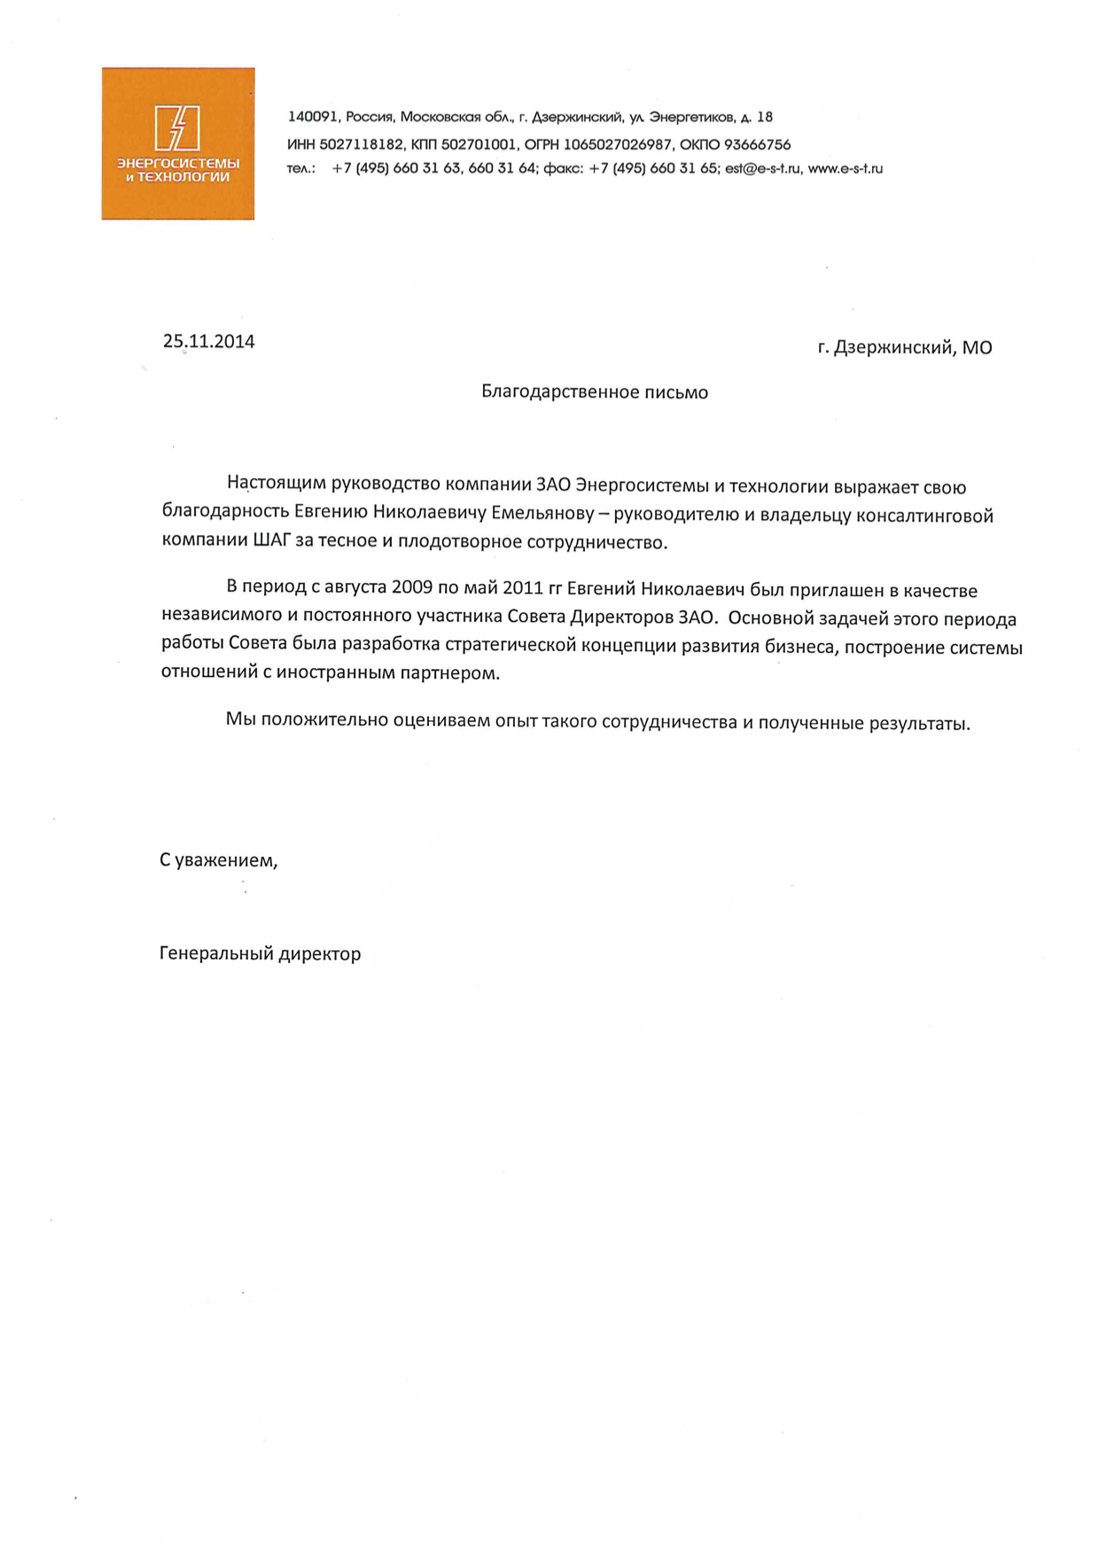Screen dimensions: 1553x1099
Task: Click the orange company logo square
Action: click(178, 144)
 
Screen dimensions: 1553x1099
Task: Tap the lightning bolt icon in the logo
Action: click(177, 128)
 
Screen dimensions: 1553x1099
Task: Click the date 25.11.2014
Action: click(208, 342)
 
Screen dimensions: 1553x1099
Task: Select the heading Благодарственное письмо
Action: click(594, 392)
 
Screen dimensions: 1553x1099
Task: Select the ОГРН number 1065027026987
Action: click(617, 144)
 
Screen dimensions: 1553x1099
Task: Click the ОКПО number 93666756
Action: click(757, 144)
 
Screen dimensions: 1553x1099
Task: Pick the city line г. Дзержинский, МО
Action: click(904, 347)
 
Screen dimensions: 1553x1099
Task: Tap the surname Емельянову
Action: click(541, 513)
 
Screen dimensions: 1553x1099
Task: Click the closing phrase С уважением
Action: click(218, 860)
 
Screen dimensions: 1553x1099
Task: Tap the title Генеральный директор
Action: click(260, 954)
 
